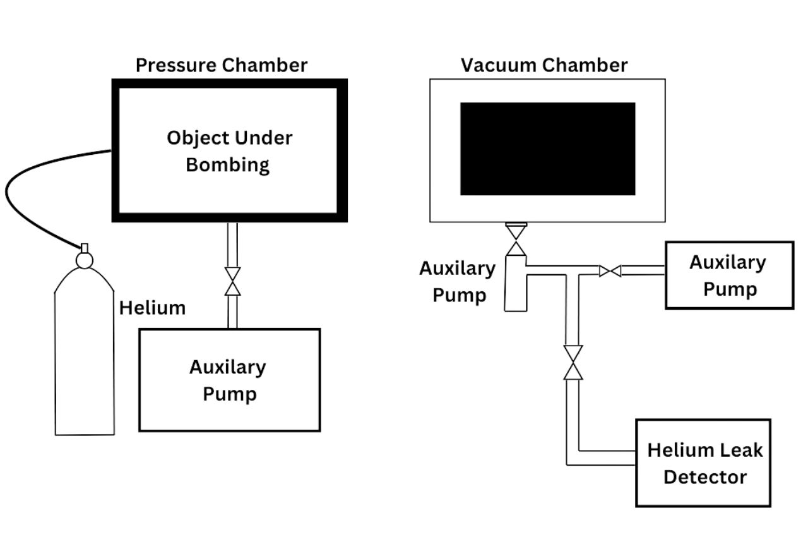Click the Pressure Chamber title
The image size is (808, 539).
[x=222, y=66]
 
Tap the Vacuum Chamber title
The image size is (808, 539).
[x=544, y=65]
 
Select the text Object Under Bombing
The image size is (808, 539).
[x=229, y=152]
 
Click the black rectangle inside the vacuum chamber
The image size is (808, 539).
[x=547, y=148]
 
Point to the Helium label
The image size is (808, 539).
[x=152, y=308]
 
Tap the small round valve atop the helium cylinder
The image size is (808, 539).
[x=85, y=260]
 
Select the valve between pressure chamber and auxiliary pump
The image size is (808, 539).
[x=233, y=282]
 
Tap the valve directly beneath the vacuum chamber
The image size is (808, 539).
[x=516, y=240]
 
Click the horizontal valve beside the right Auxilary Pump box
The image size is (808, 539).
[x=610, y=270]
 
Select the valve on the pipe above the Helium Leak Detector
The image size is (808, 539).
[x=573, y=363]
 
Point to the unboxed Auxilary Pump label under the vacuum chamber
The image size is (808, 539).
[x=458, y=282]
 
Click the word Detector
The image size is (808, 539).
[x=705, y=477]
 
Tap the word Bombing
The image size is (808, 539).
[x=228, y=166]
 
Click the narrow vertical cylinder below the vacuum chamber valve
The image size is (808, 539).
[x=516, y=283]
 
